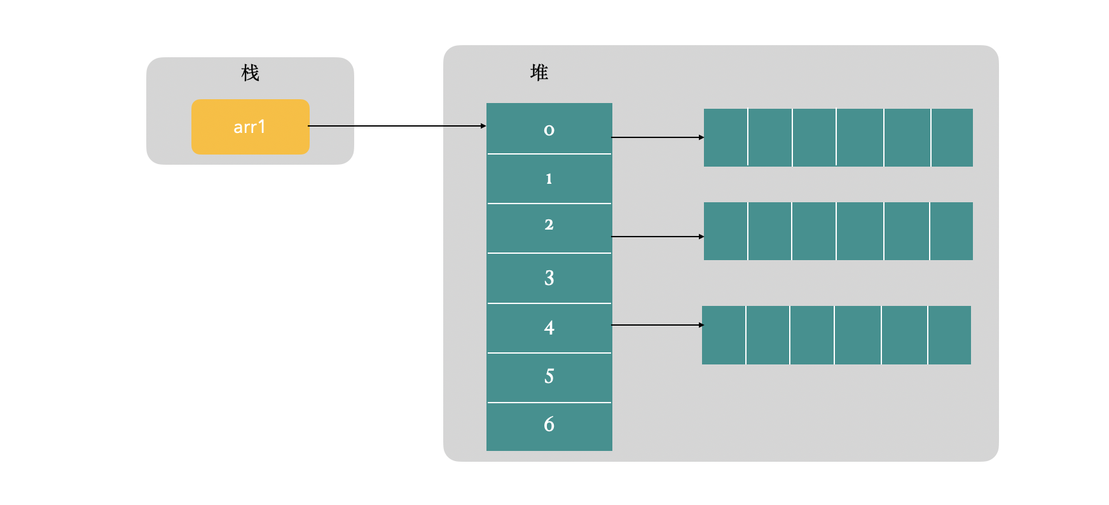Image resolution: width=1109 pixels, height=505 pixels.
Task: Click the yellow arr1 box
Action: click(x=250, y=127)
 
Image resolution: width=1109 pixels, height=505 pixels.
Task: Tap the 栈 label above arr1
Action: click(x=250, y=73)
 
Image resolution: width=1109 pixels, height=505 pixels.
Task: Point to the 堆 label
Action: click(x=539, y=73)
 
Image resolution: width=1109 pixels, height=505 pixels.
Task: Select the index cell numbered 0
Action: click(x=549, y=129)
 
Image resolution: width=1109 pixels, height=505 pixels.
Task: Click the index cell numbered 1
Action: click(x=549, y=179)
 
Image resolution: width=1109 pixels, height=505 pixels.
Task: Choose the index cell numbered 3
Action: click(x=549, y=278)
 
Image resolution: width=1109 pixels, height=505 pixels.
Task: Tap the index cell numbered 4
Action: click(x=549, y=328)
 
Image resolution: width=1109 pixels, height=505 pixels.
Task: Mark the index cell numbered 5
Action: click(x=549, y=377)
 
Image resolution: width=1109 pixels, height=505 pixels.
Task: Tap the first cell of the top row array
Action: click(x=726, y=137)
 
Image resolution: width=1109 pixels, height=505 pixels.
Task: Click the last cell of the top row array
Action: click(x=952, y=137)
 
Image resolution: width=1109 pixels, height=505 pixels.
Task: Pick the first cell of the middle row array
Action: click(x=726, y=231)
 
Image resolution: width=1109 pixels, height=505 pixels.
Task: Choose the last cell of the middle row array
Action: click(x=951, y=231)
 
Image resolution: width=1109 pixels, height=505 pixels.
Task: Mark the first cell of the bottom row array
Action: click(x=724, y=335)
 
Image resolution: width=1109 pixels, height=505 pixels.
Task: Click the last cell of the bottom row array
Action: click(x=949, y=335)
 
